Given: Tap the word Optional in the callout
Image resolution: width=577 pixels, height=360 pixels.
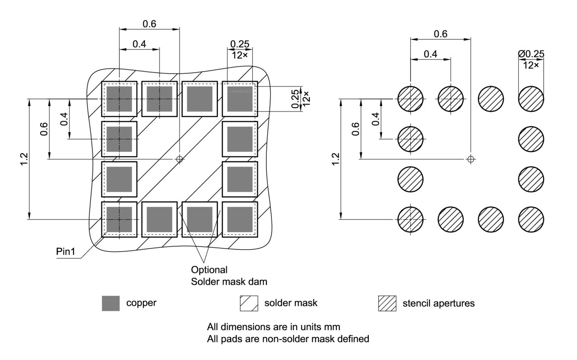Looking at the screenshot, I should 209,270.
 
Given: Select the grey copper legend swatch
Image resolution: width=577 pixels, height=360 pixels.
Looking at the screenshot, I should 111,303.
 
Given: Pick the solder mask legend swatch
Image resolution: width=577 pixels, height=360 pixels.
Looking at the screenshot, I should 248,303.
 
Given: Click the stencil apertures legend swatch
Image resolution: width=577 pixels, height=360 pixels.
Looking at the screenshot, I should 387,303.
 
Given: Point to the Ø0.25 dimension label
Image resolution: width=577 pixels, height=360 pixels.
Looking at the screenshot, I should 531,54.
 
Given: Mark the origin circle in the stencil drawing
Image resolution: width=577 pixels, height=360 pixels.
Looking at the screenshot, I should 471,159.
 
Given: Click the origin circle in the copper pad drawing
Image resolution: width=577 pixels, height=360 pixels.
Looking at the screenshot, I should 179,159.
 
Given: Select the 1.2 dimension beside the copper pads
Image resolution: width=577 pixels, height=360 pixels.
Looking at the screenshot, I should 24,159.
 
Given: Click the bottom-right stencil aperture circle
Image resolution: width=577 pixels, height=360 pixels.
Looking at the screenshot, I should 531,219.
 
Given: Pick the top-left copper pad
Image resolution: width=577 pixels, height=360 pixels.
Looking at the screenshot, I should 119,99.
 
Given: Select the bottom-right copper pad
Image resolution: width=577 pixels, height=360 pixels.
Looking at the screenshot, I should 240,219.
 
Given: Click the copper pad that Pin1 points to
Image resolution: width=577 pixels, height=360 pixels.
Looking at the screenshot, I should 119,219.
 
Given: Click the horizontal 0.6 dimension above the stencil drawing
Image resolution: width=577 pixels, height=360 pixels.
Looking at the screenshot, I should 440,34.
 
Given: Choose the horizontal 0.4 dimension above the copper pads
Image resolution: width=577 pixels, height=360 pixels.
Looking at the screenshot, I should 139,44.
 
